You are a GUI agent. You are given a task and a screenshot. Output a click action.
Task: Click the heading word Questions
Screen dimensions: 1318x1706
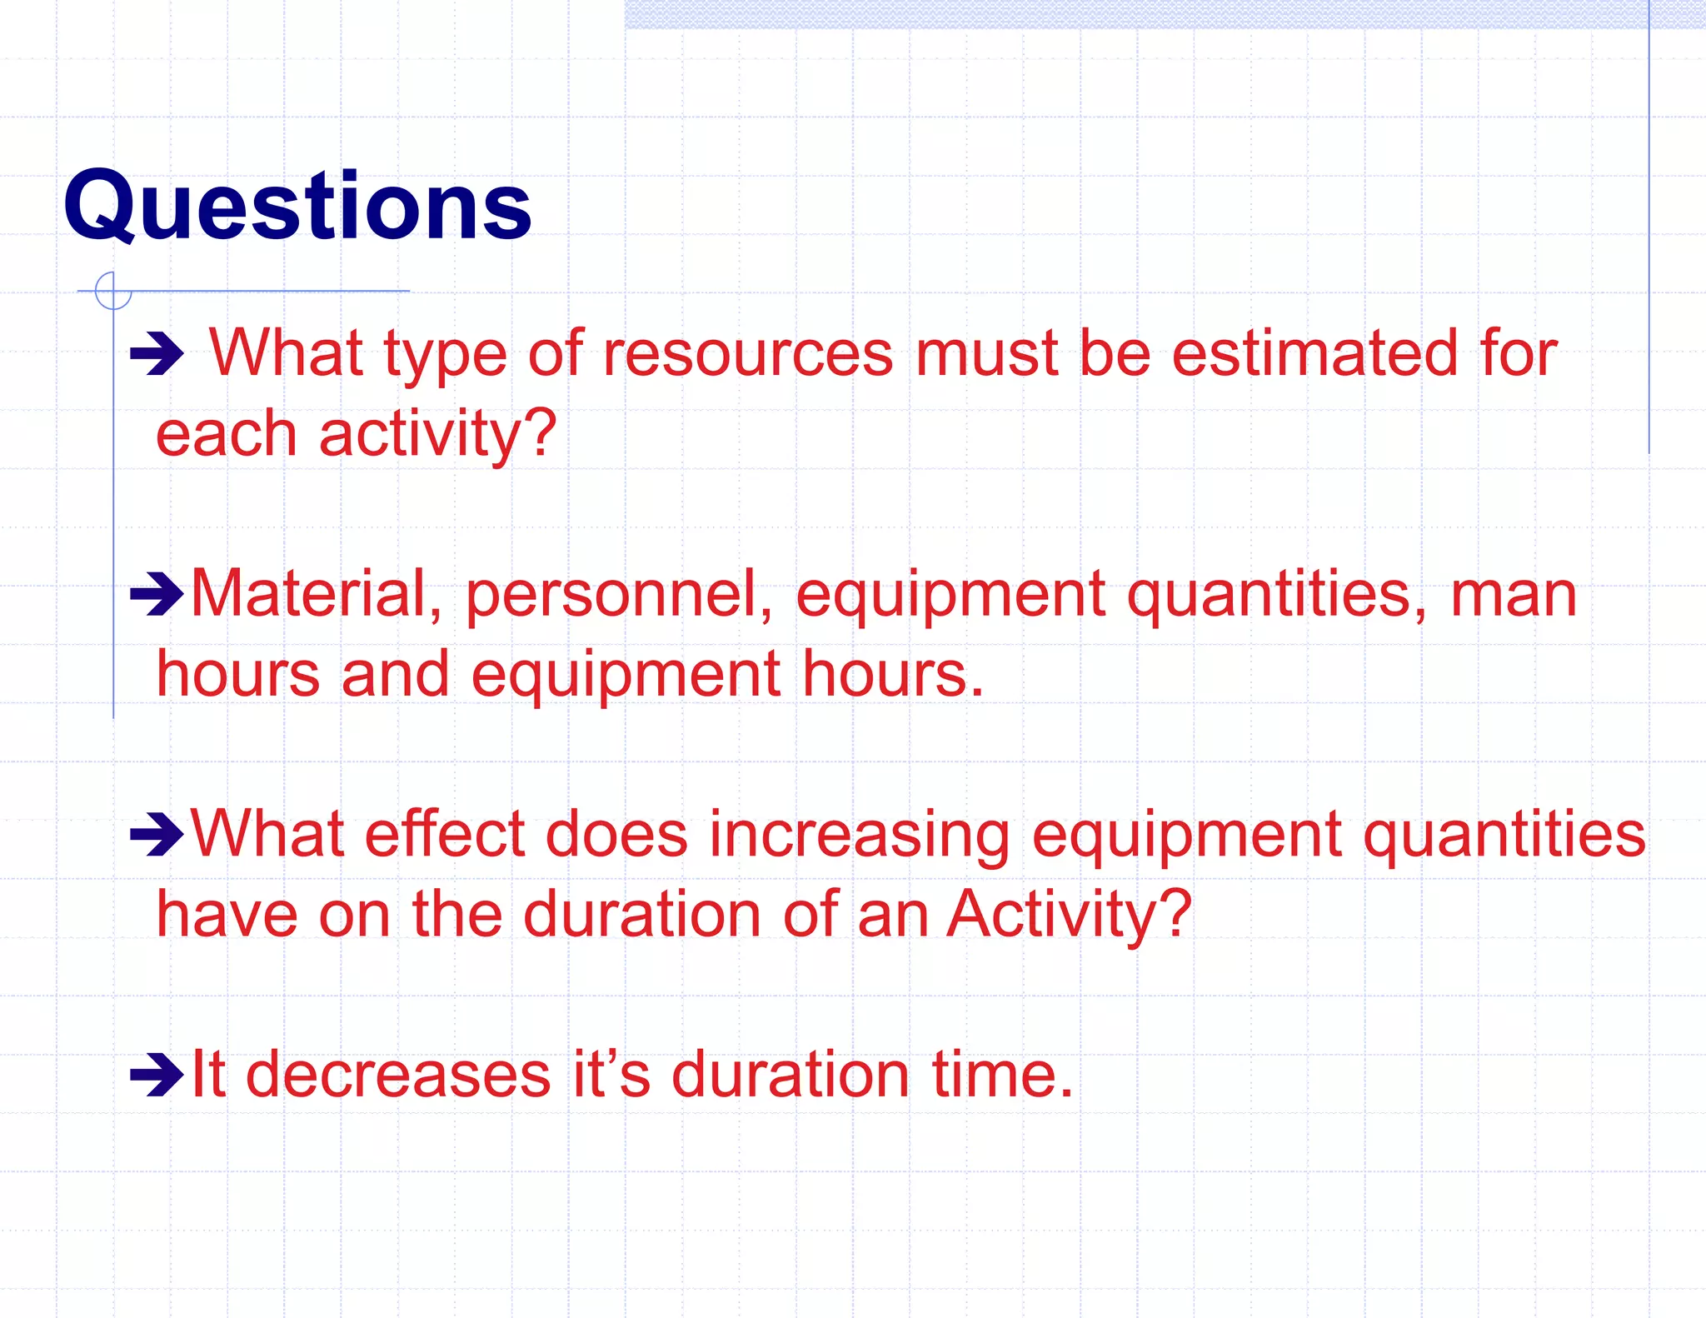[x=297, y=206]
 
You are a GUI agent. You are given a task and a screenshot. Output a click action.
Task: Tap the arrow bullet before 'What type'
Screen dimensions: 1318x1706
[x=157, y=354]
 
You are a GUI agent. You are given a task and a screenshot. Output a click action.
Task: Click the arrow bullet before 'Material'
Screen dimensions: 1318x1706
[x=157, y=594]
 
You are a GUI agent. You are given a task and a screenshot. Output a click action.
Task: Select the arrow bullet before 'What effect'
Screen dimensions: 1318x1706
[x=157, y=834]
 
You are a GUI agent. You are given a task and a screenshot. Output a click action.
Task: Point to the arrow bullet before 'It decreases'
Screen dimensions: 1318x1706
[x=157, y=1075]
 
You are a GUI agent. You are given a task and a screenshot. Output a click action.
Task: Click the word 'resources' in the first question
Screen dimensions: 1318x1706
[x=748, y=354]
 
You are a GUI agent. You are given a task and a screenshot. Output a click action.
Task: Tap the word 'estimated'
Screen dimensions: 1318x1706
[x=1314, y=354]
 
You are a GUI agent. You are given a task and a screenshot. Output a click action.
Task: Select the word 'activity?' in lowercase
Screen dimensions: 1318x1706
[x=437, y=434]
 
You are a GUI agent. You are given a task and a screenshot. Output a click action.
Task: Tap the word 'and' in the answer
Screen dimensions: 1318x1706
[x=395, y=674]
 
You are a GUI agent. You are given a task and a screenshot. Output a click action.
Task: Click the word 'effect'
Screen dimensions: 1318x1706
[x=443, y=834]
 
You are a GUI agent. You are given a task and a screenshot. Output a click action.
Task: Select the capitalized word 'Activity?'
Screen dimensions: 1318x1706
[x=1070, y=914]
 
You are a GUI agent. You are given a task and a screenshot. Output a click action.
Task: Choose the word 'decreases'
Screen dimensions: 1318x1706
[x=398, y=1075]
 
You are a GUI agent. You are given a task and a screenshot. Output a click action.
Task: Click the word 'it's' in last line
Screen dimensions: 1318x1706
[x=611, y=1075]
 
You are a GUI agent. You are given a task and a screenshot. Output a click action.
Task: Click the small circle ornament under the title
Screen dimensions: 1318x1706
[x=114, y=291]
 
